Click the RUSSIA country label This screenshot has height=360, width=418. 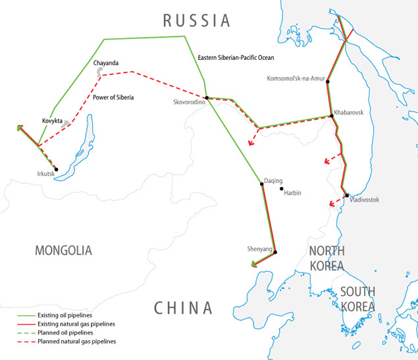[x=197, y=20]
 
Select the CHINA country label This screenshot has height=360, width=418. [x=184, y=307]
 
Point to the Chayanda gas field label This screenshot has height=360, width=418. [x=106, y=63]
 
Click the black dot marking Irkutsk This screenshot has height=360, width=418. [x=57, y=169]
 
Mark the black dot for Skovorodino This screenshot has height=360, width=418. [x=207, y=98]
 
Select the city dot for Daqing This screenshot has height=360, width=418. [x=262, y=184]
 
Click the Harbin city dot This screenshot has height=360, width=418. [x=282, y=190]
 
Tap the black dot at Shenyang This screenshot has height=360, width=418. [x=275, y=252]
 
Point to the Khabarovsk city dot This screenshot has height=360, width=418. [x=331, y=116]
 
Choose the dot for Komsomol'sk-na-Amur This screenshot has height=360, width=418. [x=327, y=82]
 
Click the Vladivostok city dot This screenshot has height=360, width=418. [x=347, y=195]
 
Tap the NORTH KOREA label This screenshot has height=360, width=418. [x=327, y=258]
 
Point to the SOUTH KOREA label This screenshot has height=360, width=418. [x=357, y=299]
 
